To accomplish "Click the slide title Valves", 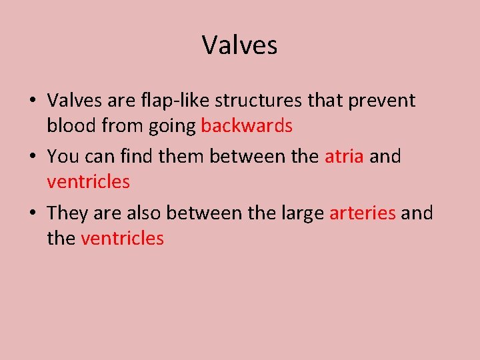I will (x=239, y=45).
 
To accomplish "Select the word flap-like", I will (x=167, y=101).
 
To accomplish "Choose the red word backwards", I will (x=247, y=125).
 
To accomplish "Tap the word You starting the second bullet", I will (x=63, y=157).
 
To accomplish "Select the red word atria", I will (x=344, y=157).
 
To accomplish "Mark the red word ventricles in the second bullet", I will (x=88, y=181).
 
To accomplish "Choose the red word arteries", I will (x=363, y=213).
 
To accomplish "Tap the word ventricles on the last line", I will (x=122, y=238).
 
